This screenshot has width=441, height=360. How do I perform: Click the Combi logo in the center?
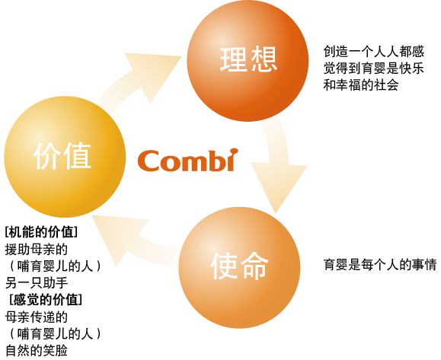tap(187, 160)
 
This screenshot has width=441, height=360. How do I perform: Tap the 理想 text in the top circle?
tap(248, 59)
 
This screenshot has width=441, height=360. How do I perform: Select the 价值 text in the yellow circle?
tap(62, 156)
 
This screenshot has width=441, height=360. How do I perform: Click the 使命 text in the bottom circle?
tap(239, 266)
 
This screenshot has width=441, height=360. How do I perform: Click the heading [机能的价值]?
tap(41, 232)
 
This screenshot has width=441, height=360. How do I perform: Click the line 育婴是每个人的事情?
tap(380, 264)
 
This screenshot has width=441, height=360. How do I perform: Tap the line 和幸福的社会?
tap(361, 85)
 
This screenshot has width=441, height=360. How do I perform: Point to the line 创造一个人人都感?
tap(374, 52)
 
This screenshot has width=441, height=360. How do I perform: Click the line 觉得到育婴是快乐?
tap(374, 68)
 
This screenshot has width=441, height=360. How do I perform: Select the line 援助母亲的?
tap(37, 249)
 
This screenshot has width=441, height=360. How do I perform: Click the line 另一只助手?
tap(37, 282)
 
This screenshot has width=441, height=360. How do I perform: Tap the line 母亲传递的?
tap(37, 317)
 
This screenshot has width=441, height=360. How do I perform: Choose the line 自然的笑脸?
tap(37, 350)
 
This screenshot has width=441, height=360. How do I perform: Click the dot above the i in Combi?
tap(234, 151)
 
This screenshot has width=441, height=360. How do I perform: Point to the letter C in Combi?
tap(149, 161)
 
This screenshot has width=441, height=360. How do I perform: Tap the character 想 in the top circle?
tap(264, 59)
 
